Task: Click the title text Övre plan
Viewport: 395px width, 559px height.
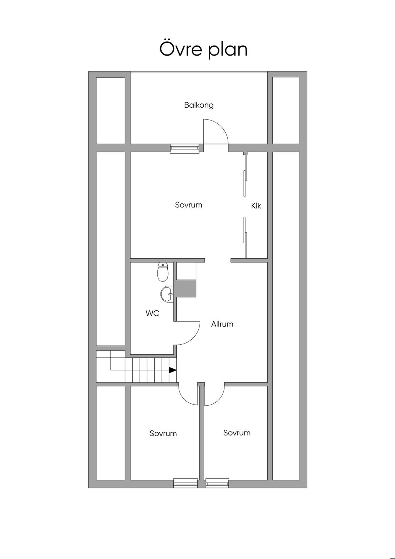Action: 203,49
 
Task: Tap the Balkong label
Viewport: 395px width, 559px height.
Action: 199,105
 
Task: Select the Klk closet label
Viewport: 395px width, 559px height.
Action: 256,206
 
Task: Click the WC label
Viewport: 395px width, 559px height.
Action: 152,313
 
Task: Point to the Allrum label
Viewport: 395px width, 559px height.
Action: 222,324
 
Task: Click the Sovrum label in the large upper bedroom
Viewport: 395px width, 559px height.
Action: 189,205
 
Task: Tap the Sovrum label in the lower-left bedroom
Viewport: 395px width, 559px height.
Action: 163,433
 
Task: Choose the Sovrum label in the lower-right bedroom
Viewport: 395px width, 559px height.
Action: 237,433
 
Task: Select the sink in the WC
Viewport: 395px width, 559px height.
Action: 167,293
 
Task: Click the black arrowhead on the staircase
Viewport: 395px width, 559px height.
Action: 172,370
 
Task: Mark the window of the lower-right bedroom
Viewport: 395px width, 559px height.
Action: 217,483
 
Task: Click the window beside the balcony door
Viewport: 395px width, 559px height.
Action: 184,149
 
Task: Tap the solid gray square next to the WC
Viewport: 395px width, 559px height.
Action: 186,288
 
